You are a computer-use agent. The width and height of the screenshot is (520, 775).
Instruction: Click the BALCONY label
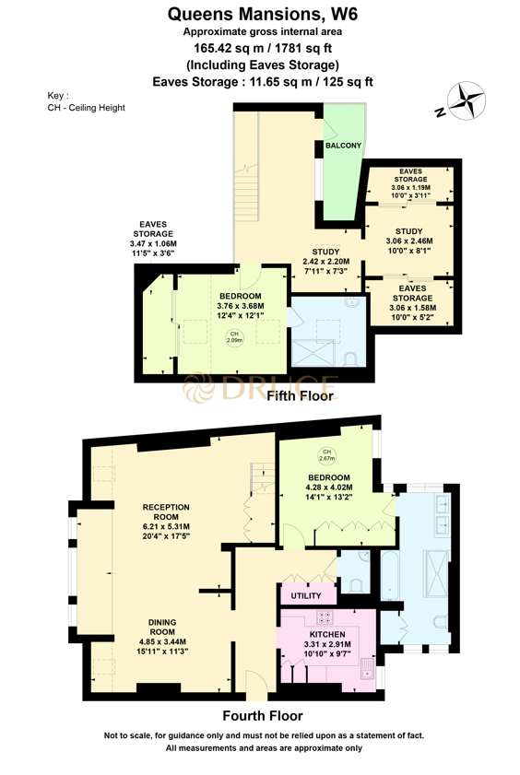pos(343,146)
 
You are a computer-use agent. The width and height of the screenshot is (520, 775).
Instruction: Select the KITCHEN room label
pos(326,636)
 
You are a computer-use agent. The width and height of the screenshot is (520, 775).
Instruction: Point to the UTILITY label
pos(306,596)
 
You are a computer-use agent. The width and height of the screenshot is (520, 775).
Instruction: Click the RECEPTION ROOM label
pos(166,512)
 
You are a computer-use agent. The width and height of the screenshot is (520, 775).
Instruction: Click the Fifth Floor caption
pos(299,396)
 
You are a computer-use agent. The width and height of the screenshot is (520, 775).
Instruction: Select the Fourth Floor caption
pos(263,715)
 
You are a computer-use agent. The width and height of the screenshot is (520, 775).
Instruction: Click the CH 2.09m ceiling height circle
pos(234,338)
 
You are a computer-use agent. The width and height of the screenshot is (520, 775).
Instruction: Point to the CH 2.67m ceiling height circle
pos(326,454)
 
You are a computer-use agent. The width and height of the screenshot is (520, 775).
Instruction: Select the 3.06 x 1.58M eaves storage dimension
pos(412,309)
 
